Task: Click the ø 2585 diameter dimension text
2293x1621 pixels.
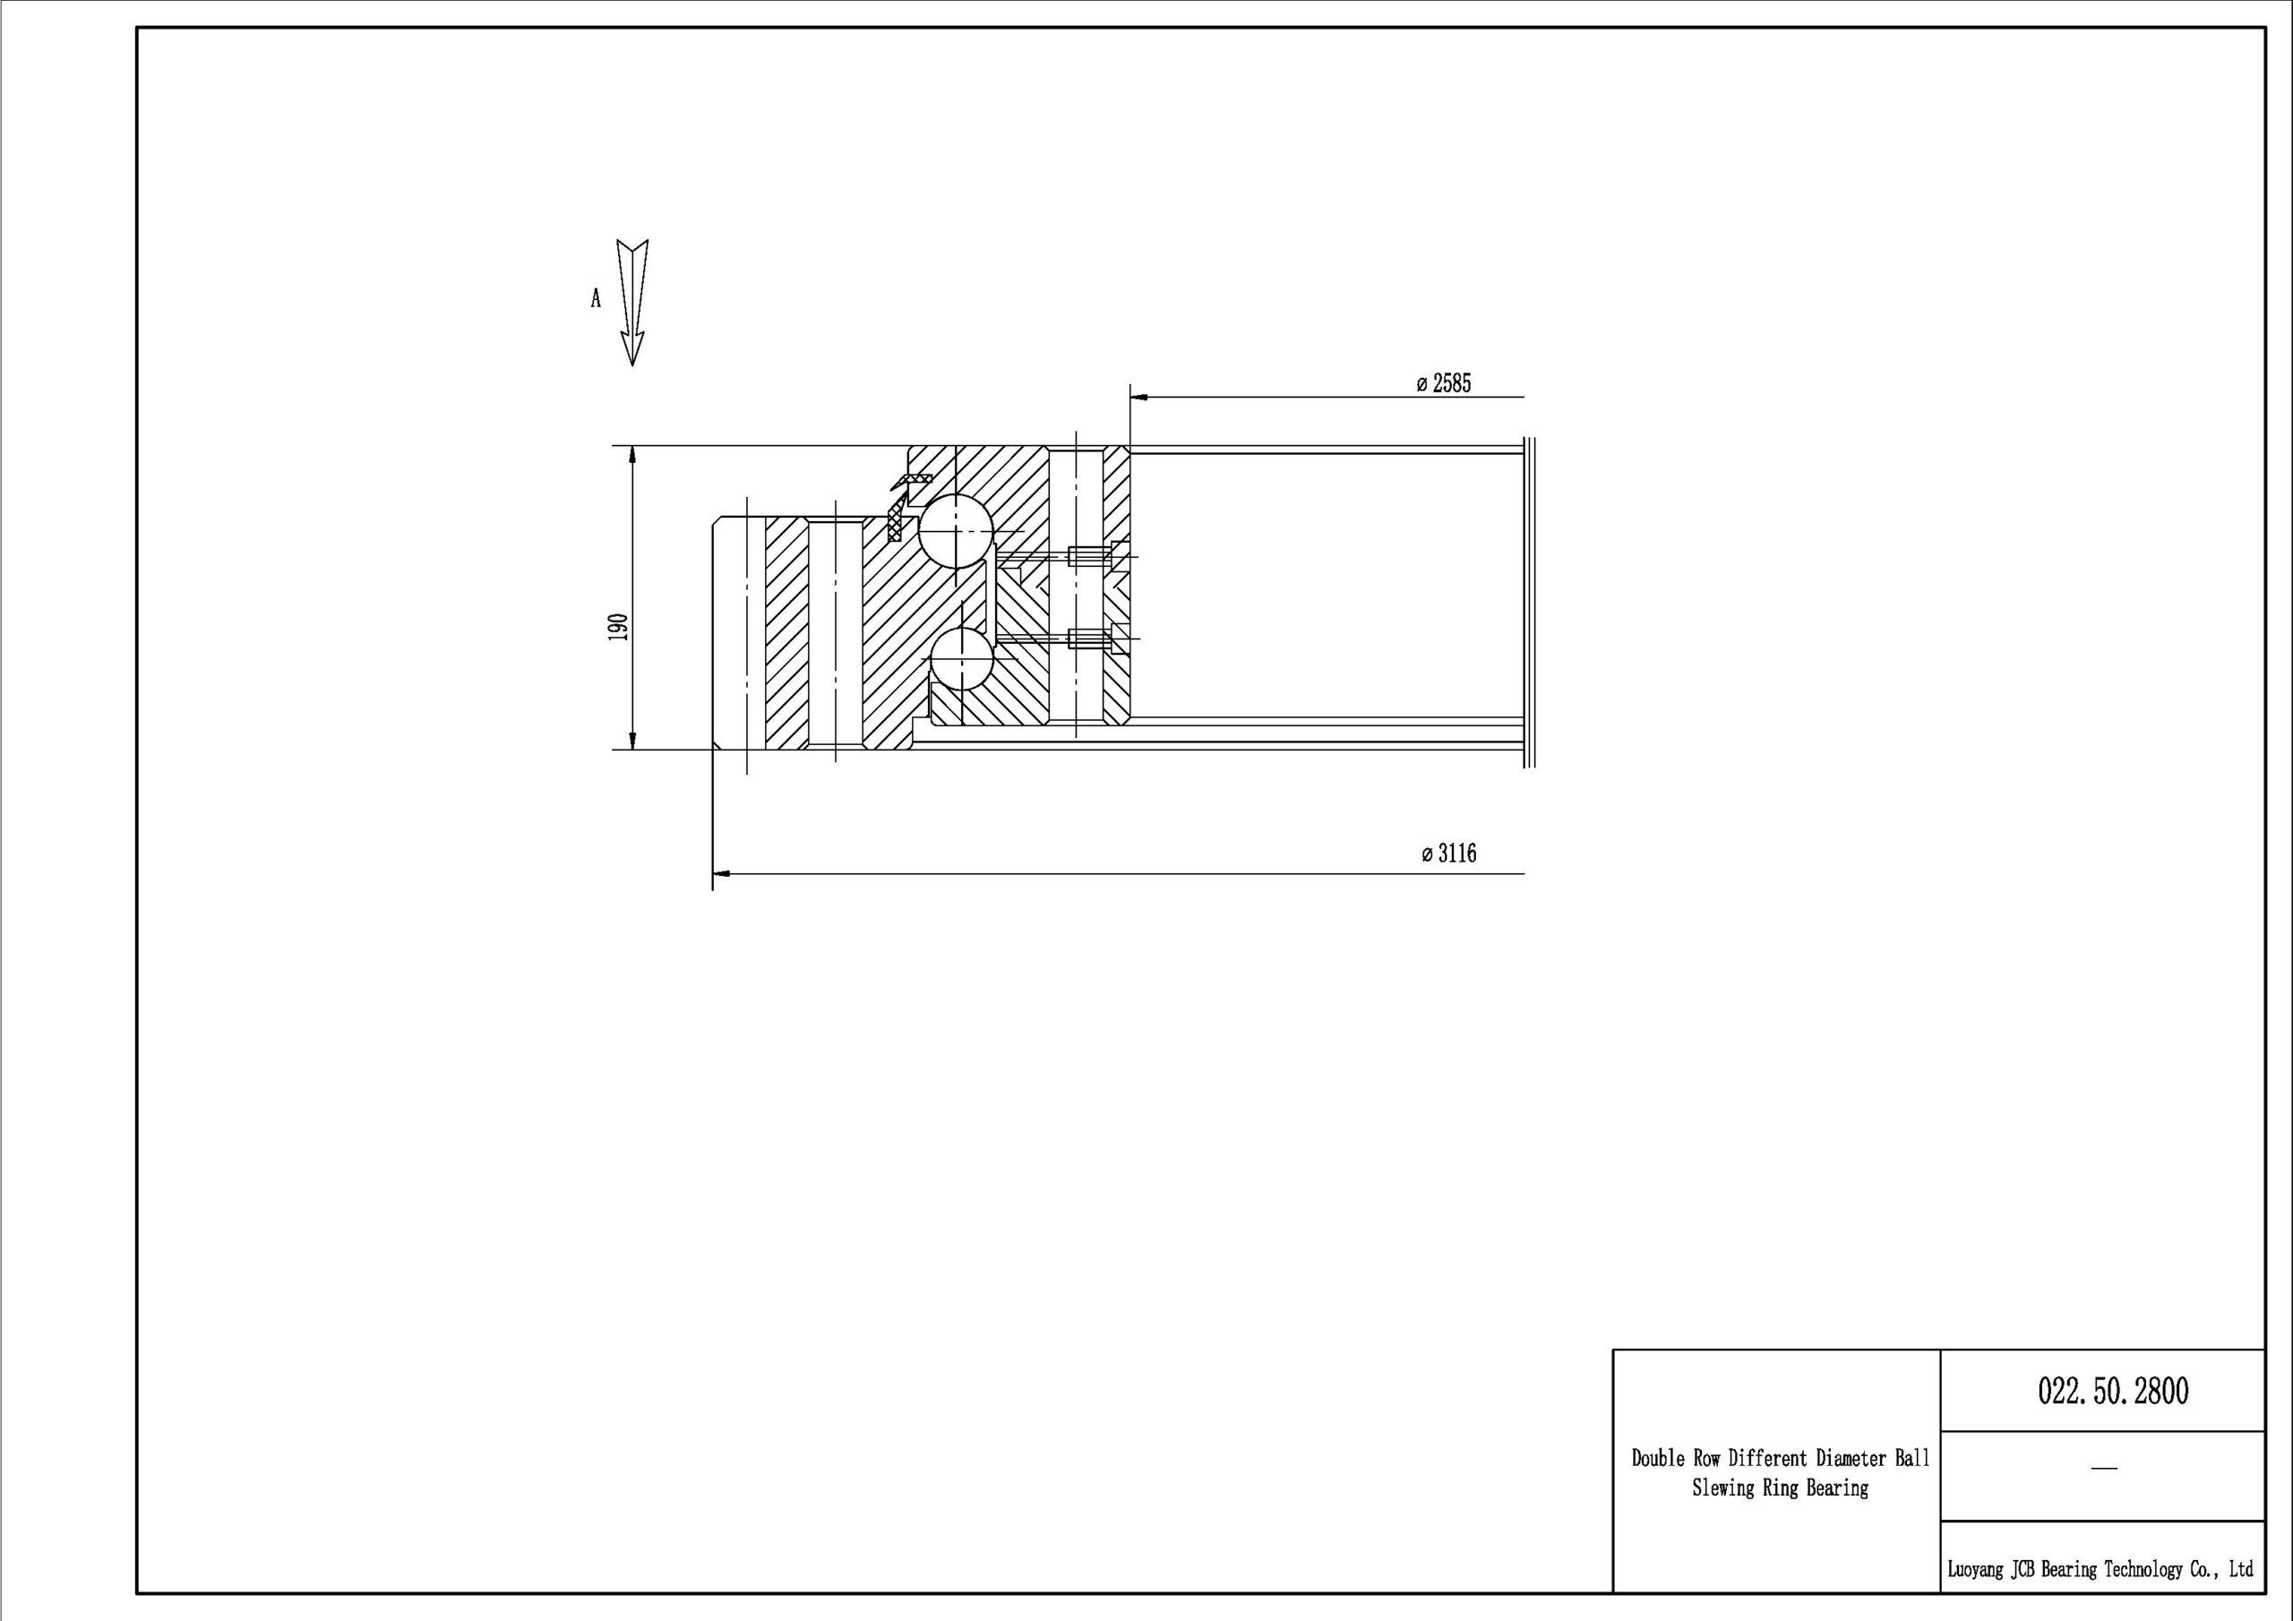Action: coord(1444,383)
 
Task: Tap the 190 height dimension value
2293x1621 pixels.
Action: coord(618,627)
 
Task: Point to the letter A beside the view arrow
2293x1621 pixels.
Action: coord(597,298)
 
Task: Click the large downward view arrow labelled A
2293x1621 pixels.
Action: coord(632,303)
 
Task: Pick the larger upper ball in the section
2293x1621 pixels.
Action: coord(956,531)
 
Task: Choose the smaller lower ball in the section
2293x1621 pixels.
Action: coord(961,658)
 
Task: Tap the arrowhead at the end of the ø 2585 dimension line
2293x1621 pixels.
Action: coord(1139,397)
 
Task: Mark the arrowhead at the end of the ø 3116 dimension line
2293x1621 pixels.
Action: coord(721,874)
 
